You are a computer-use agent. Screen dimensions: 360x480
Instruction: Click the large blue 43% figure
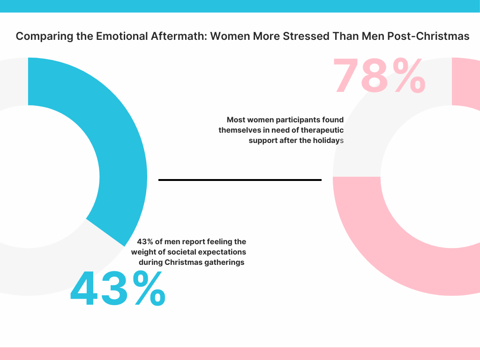[x=118, y=289]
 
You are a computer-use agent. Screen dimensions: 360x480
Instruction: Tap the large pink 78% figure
[x=379, y=76]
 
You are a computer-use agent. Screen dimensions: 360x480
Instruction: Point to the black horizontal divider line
[x=240, y=180]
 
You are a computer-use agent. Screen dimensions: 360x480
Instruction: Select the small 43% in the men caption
[x=145, y=242]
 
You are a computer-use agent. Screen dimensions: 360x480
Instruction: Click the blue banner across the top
[x=240, y=6]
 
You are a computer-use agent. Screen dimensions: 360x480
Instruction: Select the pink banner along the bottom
[x=240, y=353]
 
